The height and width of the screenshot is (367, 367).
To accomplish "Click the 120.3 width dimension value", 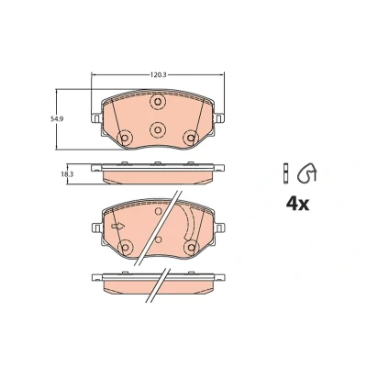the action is pyautogui.click(x=158, y=74).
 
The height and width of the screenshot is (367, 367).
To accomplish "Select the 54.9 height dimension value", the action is pyautogui.click(x=57, y=119).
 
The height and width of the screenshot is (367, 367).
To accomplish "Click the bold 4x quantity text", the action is pyautogui.click(x=297, y=204).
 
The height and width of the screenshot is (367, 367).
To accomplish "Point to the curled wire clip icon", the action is pyautogui.click(x=307, y=172).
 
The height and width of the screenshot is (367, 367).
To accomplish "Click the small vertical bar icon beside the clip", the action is pyautogui.click(x=285, y=173).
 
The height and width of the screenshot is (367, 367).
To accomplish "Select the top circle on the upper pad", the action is pyautogui.click(x=158, y=101).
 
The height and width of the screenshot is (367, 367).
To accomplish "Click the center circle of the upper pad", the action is pyautogui.click(x=158, y=129).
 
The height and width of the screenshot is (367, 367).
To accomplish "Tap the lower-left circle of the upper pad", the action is pyautogui.click(x=125, y=138).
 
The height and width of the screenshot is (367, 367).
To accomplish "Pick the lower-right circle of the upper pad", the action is pyautogui.click(x=191, y=138).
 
